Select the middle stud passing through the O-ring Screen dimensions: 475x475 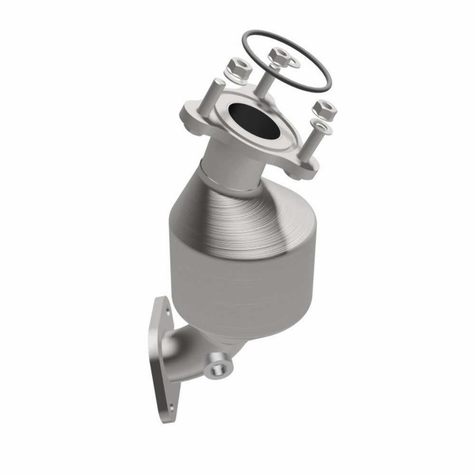coord(266,78)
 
